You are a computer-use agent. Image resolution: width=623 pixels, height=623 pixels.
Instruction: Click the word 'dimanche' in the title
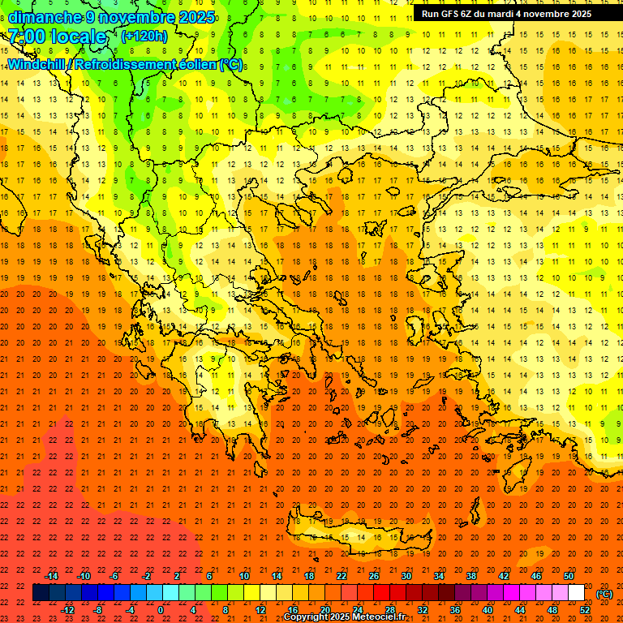(41, 17)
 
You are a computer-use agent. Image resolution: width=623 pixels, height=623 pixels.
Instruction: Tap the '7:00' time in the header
(26, 37)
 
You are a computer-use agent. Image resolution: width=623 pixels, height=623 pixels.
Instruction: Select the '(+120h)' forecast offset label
(144, 36)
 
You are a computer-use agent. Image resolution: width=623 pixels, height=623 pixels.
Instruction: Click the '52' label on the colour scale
(585, 610)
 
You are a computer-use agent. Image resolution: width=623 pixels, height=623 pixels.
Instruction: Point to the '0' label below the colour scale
(161, 610)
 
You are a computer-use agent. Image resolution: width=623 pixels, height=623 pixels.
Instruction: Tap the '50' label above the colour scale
(569, 575)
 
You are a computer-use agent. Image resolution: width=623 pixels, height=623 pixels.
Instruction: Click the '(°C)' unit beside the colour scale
(604, 593)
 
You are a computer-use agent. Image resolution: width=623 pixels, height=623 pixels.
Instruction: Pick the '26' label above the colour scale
(374, 575)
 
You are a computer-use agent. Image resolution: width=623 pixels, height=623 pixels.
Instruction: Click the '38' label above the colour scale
(471, 575)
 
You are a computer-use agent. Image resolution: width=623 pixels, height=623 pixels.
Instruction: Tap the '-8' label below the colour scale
(98, 610)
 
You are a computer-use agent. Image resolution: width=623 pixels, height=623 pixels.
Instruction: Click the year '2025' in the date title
(196, 17)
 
